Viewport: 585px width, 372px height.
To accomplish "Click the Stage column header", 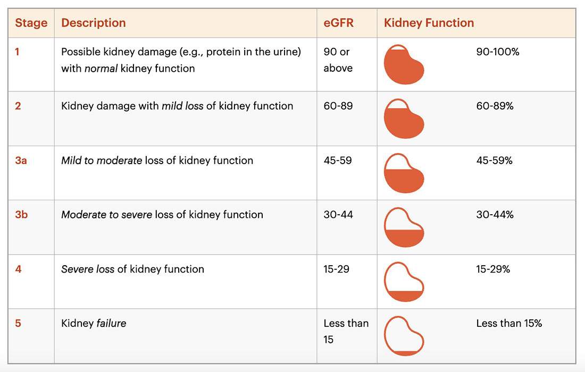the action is click(31, 23).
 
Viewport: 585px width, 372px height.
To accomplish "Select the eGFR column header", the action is click(338, 23).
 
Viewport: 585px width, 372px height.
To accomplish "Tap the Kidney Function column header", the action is click(429, 23).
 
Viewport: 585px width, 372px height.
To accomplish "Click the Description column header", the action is click(93, 23).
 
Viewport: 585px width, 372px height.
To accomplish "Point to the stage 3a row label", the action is click(21, 160).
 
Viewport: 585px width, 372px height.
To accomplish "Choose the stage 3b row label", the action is click(21, 215).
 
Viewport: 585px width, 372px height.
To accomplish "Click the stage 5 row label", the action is click(18, 323).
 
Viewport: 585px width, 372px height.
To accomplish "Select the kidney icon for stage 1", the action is click(404, 64).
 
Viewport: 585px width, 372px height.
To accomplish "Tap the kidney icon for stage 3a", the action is click(404, 173).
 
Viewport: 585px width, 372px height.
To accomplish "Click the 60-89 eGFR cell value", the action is click(338, 106).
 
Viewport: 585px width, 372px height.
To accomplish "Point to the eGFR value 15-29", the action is click(336, 269).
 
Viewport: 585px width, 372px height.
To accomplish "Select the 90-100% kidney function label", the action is click(498, 52).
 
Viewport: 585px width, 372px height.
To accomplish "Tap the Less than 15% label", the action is click(509, 323).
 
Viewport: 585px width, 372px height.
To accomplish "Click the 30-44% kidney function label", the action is click(495, 215).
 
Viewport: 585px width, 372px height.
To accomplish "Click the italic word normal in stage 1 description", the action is click(101, 69).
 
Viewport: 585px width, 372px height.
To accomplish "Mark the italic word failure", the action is click(112, 323).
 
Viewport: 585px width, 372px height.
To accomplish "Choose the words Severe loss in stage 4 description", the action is click(88, 269).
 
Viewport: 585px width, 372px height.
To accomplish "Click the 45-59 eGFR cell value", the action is click(338, 160).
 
